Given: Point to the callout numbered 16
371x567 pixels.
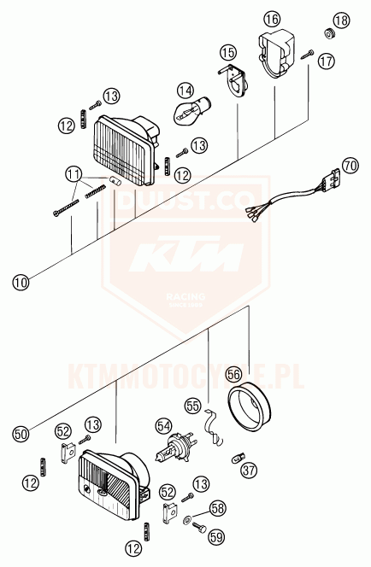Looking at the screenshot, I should (x=272, y=19).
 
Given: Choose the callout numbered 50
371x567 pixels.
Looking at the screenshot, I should (x=21, y=433).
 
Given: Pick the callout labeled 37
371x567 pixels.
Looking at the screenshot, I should (x=249, y=470).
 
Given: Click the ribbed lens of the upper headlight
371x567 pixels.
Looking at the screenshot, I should (x=122, y=150).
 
